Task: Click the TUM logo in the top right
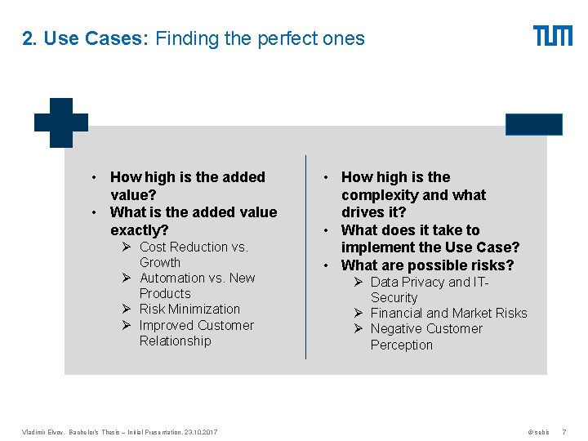[553, 36]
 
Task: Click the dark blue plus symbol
[61, 122]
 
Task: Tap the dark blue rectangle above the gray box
[534, 124]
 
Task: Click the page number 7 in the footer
[564, 431]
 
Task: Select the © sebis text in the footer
[538, 431]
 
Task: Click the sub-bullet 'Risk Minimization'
[189, 309]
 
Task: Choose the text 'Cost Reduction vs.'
[194, 247]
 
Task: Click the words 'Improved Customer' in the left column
[196, 325]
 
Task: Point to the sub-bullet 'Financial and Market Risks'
[448, 313]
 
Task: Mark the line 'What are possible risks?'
[427, 265]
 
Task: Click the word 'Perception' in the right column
[401, 345]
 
